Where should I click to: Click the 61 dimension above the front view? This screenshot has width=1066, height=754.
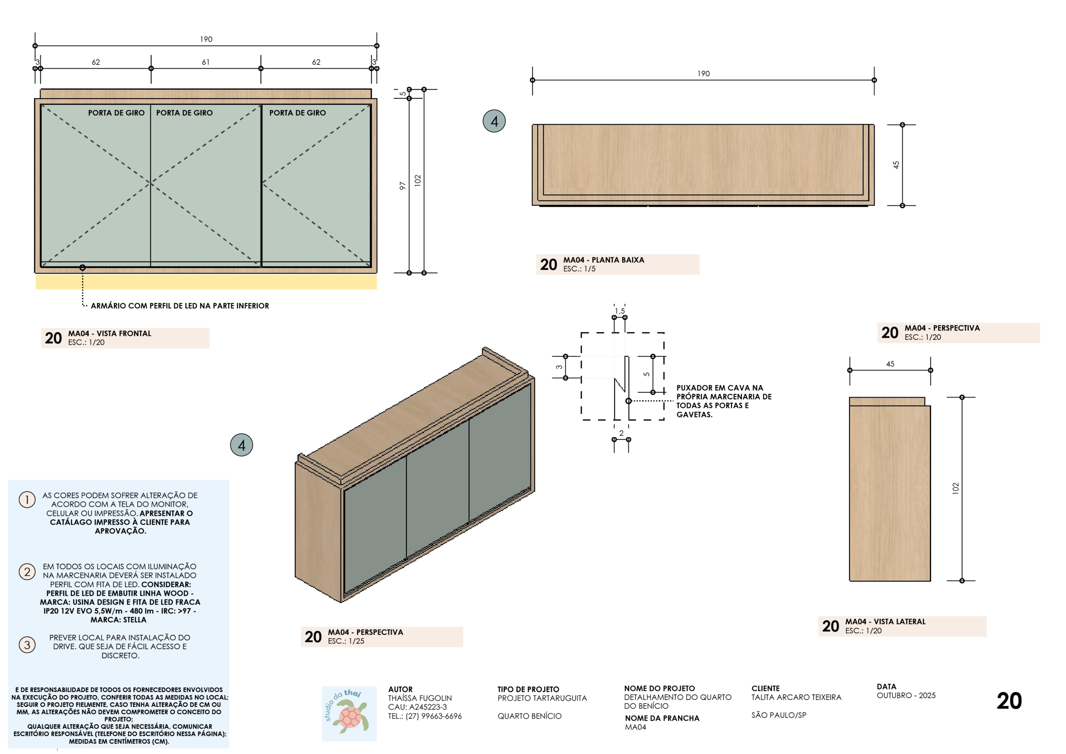(206, 62)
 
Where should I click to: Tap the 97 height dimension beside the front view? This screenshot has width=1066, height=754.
(403, 186)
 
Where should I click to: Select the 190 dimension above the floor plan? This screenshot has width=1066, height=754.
(703, 74)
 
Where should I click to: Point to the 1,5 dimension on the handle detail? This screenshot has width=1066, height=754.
(620, 311)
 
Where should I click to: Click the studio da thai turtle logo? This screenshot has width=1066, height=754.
(349, 714)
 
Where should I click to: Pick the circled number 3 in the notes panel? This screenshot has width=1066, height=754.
(27, 645)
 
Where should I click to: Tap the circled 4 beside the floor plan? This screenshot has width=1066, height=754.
(494, 121)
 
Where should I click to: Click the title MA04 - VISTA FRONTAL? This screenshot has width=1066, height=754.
(110, 333)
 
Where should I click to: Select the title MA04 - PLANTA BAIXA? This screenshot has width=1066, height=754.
(603, 260)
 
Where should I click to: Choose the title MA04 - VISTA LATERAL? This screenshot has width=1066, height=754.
(885, 622)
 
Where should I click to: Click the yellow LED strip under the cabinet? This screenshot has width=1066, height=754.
(206, 282)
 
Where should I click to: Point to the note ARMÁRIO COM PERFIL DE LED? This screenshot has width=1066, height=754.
(179, 306)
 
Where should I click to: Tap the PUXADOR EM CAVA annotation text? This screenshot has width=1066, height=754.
(724, 401)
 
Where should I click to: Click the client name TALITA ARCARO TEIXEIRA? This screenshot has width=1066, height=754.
(796, 697)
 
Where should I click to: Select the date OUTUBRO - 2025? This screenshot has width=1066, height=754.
(906, 695)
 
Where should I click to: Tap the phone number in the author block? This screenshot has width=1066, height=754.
(425, 716)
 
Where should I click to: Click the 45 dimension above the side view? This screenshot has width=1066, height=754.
(890, 364)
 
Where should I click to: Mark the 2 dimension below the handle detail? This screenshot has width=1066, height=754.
(621, 433)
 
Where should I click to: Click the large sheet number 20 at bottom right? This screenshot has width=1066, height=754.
(1009, 701)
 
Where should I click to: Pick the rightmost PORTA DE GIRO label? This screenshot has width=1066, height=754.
(298, 113)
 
